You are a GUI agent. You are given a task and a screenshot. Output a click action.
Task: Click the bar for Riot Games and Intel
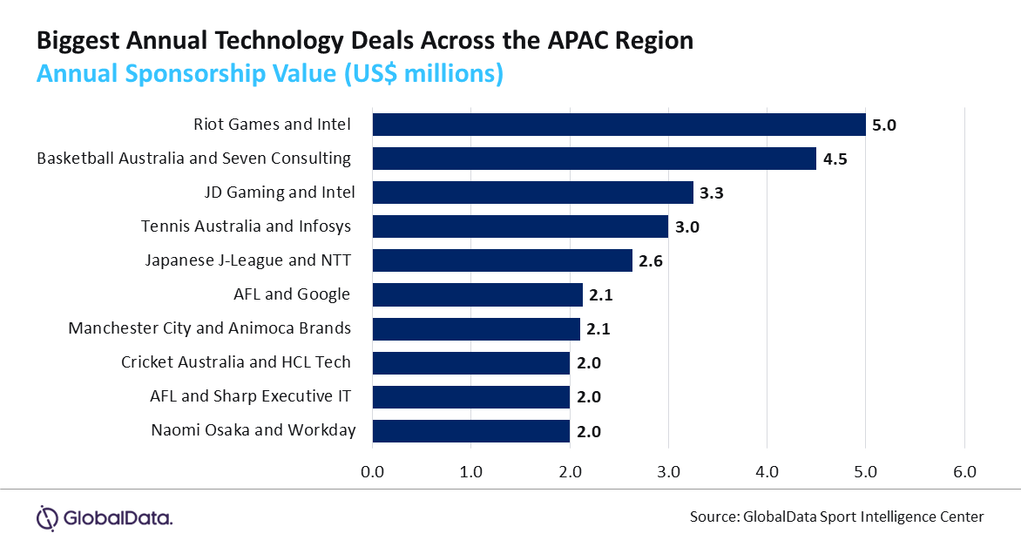tap(619, 125)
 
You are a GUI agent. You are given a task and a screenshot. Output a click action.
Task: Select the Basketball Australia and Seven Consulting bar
tap(594, 159)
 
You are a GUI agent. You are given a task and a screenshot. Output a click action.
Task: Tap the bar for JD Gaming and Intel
tap(532, 192)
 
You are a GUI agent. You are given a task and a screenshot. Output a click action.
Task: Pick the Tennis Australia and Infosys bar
tap(520, 226)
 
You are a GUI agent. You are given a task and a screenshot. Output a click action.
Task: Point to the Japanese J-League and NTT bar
tap(502, 260)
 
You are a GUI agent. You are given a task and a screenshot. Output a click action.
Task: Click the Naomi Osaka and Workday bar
tap(470, 430)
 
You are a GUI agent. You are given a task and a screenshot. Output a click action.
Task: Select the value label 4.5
tap(835, 159)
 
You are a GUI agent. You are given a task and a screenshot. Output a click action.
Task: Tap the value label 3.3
tap(712, 193)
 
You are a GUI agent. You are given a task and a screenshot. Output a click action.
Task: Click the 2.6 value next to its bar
tap(651, 261)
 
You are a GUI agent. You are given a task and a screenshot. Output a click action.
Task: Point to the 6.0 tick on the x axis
tap(964, 472)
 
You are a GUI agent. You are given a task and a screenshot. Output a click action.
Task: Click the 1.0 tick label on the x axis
tap(470, 472)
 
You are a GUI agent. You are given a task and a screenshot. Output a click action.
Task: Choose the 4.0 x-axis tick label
tap(767, 472)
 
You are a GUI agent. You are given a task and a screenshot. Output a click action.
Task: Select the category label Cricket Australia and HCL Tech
tap(236, 362)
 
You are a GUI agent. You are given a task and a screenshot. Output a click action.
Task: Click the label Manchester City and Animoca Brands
tap(210, 328)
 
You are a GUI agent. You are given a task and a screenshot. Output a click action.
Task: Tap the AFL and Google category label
tap(292, 294)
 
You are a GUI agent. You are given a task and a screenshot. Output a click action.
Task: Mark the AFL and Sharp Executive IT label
tap(251, 396)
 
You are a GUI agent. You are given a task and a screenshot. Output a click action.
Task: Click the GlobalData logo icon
tap(47, 517)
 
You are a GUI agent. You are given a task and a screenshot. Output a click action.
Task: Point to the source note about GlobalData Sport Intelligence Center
tap(836, 517)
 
